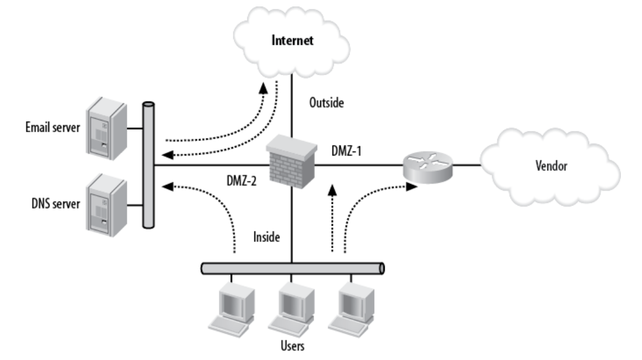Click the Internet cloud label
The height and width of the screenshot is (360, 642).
click(x=291, y=41)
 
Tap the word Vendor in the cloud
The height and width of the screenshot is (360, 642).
click(x=553, y=167)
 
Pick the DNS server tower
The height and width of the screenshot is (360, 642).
click(x=105, y=206)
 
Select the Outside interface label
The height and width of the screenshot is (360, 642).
click(x=326, y=103)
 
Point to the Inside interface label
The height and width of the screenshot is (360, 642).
click(x=267, y=238)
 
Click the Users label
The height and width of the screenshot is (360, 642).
click(x=293, y=346)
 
